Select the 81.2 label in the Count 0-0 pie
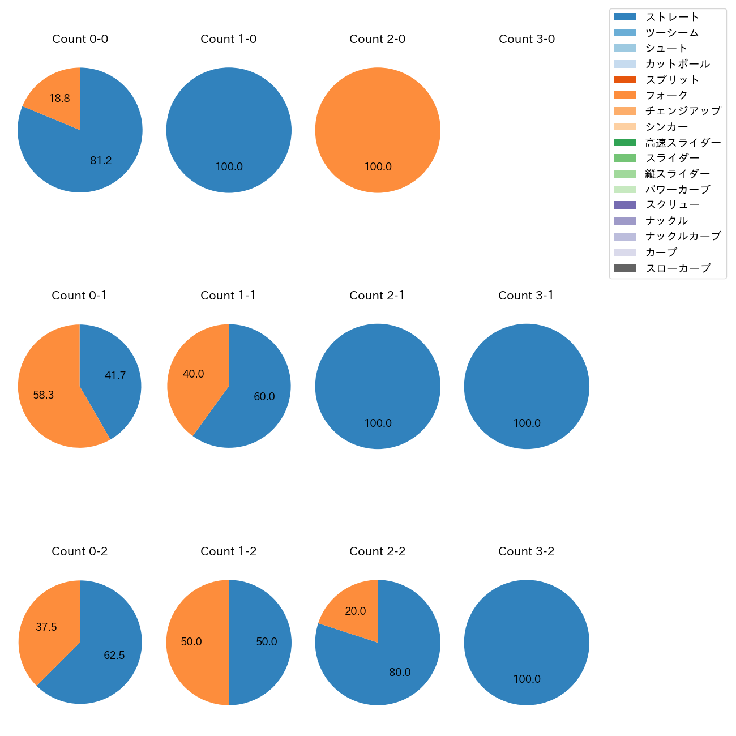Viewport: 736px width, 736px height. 101,161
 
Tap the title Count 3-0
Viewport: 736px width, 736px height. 527,39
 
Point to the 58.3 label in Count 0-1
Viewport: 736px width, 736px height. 44,395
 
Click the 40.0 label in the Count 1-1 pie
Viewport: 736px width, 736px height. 193,374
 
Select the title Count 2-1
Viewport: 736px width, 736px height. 377,296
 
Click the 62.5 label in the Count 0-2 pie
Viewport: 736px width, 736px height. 114,656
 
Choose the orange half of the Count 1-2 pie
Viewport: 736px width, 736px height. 195,643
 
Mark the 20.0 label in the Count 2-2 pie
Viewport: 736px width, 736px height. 356,611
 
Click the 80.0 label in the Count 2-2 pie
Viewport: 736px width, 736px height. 400,673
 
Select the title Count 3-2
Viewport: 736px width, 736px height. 527,551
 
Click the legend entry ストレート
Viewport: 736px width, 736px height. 672,17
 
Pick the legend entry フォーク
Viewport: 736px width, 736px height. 666,95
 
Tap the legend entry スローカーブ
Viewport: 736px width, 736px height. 678,268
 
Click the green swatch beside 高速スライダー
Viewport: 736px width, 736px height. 624,143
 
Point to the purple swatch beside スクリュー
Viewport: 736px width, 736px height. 624,205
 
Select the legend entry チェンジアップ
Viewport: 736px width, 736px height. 683,111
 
